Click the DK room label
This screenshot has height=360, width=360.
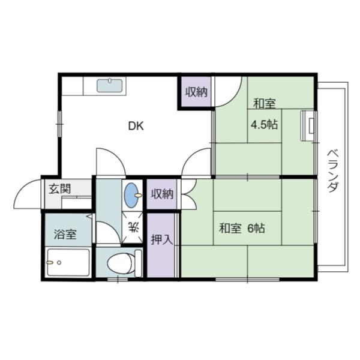136,126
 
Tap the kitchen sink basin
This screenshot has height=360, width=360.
110,86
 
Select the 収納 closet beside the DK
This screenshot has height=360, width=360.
196,92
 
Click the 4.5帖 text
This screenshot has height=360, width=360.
264,125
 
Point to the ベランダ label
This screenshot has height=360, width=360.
333,171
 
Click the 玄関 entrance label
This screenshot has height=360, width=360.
59,189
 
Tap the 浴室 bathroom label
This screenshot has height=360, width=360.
65,235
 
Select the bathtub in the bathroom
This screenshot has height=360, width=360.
68,262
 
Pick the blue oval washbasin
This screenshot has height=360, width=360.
131,195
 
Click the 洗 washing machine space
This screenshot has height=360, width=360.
133,227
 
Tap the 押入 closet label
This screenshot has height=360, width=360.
161,239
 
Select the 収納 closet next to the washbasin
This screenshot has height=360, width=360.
162,194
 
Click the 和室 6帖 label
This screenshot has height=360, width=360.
242,229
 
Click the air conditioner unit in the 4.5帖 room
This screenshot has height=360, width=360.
308,125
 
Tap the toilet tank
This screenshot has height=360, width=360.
138,263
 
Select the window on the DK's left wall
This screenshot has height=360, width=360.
59,124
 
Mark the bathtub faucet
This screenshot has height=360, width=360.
50,262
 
